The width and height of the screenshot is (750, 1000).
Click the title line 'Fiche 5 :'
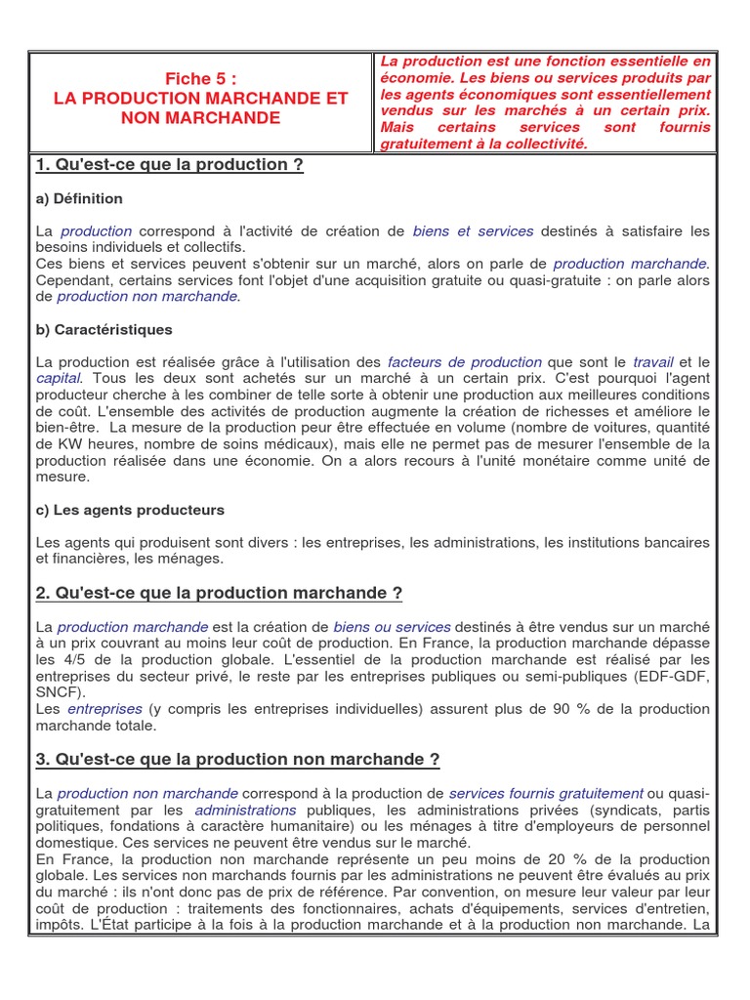pos(200,79)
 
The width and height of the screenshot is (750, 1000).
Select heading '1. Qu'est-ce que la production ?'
pos(169,165)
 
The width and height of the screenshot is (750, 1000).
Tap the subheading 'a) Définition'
pos(79,199)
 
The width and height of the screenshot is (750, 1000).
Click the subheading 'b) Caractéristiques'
pos(104,329)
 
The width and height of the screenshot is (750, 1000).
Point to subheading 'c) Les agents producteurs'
pos(130,510)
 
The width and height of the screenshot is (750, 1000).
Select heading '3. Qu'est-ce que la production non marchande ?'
pos(237,760)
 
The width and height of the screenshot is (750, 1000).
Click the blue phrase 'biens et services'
pos(473,231)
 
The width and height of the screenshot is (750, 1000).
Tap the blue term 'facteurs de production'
pos(464,362)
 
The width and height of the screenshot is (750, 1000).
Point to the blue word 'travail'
pos(653,362)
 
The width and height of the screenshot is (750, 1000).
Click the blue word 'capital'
pos(59,378)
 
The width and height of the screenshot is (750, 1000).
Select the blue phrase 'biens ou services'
pos(392,627)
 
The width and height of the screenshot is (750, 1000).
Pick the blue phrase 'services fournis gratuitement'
pos(545,794)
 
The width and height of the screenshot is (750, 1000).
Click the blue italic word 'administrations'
pos(245,810)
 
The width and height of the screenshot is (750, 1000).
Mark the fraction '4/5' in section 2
pos(98,658)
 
